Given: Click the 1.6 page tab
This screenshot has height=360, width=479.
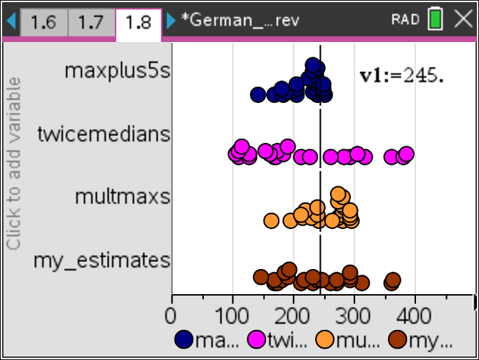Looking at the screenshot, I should click(43, 22).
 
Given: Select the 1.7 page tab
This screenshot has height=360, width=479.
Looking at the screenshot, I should click(90, 22).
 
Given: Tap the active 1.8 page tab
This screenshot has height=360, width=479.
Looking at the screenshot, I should click(138, 22).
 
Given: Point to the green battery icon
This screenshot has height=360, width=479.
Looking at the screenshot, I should click(436, 20).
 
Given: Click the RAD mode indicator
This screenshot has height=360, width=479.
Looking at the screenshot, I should click(405, 20).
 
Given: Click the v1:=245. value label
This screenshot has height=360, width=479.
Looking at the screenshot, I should click(401, 75).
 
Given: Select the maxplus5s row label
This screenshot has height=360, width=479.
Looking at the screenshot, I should click(117, 71).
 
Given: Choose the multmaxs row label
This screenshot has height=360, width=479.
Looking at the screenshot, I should click(123, 196).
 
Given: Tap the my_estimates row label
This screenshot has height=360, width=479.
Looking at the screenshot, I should click(102, 260).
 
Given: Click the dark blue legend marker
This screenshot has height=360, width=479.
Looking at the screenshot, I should click(183, 340).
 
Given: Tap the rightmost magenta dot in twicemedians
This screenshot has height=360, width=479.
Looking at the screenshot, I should click(406, 154).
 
